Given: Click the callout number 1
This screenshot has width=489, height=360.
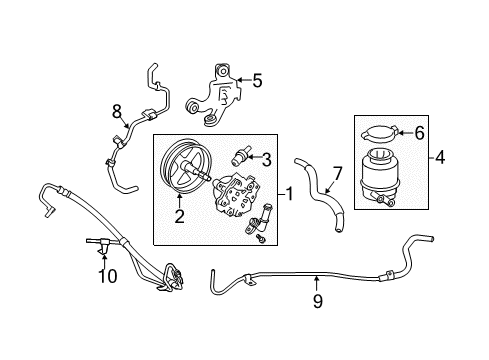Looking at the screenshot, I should pos(291,192).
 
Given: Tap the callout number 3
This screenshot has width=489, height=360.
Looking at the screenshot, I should pos(268,157).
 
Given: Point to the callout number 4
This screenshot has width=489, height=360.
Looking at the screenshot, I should pos(440,156).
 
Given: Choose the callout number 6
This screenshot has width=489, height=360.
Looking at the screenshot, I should pos(418,130).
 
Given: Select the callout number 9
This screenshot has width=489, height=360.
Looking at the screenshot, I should pos(317,298).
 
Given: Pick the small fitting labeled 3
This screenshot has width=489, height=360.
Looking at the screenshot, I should pos(240,155).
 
